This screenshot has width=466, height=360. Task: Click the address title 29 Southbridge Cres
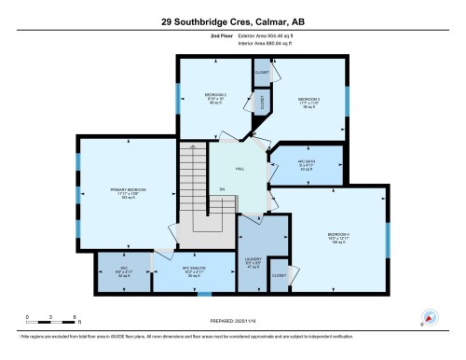click(233, 20)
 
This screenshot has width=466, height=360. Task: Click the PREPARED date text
click(233, 323)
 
